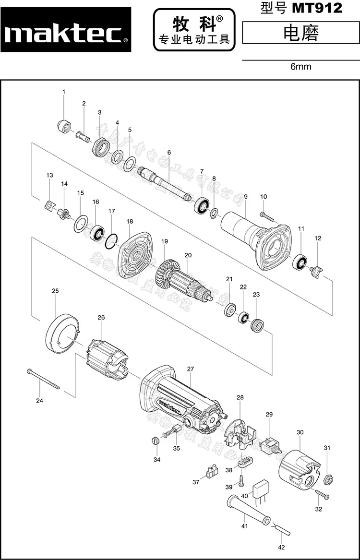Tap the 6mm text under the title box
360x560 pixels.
point(300,67)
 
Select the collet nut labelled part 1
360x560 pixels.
point(62,127)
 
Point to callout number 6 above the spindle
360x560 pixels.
point(169,153)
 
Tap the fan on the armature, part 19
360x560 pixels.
point(166,272)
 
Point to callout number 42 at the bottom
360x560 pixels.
point(281,547)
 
